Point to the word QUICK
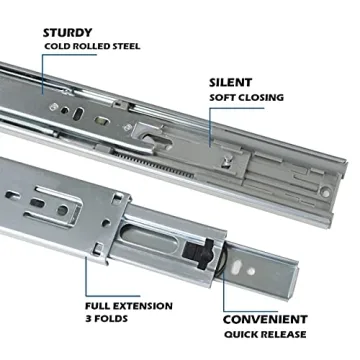(x=242, y=333)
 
